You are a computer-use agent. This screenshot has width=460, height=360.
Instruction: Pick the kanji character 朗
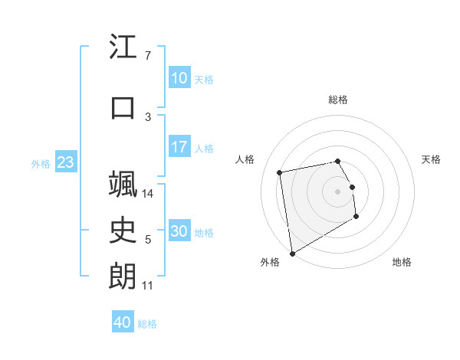tap(123, 277)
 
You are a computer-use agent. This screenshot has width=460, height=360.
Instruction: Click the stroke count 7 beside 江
tap(147, 56)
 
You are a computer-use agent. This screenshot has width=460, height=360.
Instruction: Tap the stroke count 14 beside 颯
tap(149, 194)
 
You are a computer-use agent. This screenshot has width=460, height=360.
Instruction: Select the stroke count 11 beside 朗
tap(148, 286)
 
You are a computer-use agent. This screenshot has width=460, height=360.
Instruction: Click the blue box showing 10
tap(179, 78)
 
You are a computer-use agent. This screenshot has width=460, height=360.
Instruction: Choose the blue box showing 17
tap(179, 147)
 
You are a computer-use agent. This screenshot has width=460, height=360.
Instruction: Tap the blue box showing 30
tap(179, 231)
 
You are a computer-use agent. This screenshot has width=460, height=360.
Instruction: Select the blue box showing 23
tap(65, 162)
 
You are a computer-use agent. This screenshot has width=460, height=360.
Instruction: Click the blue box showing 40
tap(123, 322)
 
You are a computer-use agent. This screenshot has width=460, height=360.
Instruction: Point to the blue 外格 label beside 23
tap(41, 163)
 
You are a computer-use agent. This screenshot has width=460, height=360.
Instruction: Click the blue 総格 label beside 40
tap(148, 324)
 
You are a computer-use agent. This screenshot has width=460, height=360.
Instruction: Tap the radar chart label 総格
tap(338, 100)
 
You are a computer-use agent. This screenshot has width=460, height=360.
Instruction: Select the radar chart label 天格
tap(432, 159)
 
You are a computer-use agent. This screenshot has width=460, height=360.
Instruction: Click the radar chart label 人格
tap(245, 159)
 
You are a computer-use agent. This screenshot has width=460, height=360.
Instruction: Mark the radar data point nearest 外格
tap(291, 253)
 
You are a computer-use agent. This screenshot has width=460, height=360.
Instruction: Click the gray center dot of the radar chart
tap(338, 191)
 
